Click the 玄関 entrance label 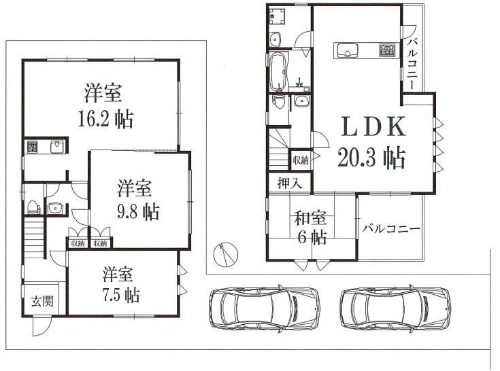[x=42, y=301]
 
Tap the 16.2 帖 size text [x=105, y=119]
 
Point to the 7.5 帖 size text [x=121, y=295]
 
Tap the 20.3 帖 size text [x=371, y=158]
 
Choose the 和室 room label [x=310, y=218]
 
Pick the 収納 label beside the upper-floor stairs [x=301, y=160]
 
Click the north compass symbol [x=225, y=254]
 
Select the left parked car [x=265, y=307]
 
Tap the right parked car [x=396, y=307]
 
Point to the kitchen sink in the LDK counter [x=347, y=51]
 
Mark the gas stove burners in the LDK [x=387, y=50]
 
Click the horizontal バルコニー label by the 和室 [x=391, y=229]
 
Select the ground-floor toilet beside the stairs [x=33, y=207]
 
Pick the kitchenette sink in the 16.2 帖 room [x=57, y=147]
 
